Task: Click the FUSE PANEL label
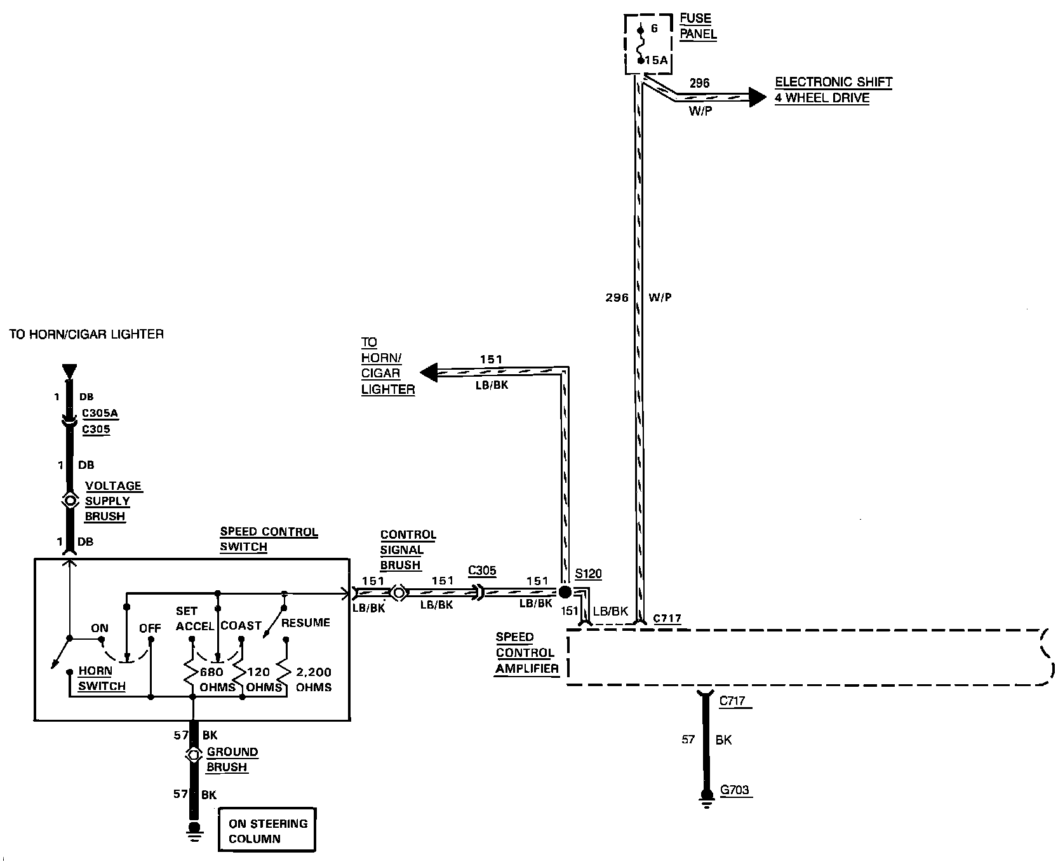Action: click(697, 26)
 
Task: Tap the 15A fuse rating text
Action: click(656, 60)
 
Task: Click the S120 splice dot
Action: click(563, 592)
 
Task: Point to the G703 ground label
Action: click(735, 791)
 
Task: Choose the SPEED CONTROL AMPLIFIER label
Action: click(526, 652)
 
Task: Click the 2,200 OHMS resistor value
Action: click(314, 679)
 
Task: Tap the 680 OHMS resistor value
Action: click(217, 679)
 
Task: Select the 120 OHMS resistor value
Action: click(264, 679)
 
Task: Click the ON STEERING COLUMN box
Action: click(267, 831)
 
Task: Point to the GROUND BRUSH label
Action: click(232, 759)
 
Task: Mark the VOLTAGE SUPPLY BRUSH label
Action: click(113, 501)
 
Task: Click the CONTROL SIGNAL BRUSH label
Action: click(408, 550)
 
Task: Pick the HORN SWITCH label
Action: click(102, 678)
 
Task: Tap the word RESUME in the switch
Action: click(305, 623)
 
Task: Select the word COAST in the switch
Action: click(241, 626)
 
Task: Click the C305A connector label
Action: click(100, 414)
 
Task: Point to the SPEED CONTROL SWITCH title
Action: click(268, 539)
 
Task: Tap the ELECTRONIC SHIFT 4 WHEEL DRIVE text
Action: click(833, 90)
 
